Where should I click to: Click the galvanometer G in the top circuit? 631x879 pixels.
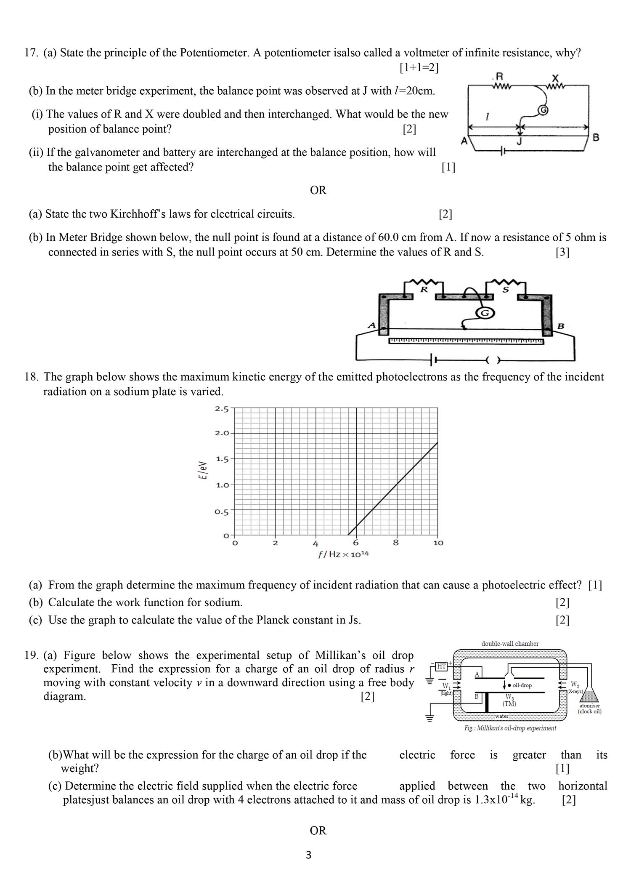pyautogui.click(x=543, y=110)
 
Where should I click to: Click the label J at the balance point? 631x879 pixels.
pyautogui.click(x=520, y=141)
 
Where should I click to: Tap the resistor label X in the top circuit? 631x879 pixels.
pyautogui.click(x=555, y=78)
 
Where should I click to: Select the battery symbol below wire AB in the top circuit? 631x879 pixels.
pyautogui.click(x=502, y=152)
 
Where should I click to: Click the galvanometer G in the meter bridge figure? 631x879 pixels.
pyautogui.click(x=485, y=313)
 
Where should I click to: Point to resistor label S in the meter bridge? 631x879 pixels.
pyautogui.click(x=506, y=290)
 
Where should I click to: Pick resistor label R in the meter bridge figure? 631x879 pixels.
pyautogui.click(x=424, y=290)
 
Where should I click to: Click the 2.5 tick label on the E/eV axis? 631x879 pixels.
pyautogui.click(x=222, y=409)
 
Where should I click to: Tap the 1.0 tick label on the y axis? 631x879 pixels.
pyautogui.click(x=222, y=485)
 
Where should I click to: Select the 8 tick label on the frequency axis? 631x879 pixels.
pyautogui.click(x=395, y=543)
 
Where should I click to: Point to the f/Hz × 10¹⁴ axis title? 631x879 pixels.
pyautogui.click(x=343, y=554)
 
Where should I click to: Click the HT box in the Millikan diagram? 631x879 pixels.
pyautogui.click(x=441, y=666)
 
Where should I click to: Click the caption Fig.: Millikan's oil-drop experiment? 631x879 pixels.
pyautogui.click(x=510, y=728)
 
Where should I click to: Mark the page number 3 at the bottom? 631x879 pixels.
pyautogui.click(x=308, y=855)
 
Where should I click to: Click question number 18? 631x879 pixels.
pyautogui.click(x=32, y=377)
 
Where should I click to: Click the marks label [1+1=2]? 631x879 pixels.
pyautogui.click(x=419, y=67)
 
